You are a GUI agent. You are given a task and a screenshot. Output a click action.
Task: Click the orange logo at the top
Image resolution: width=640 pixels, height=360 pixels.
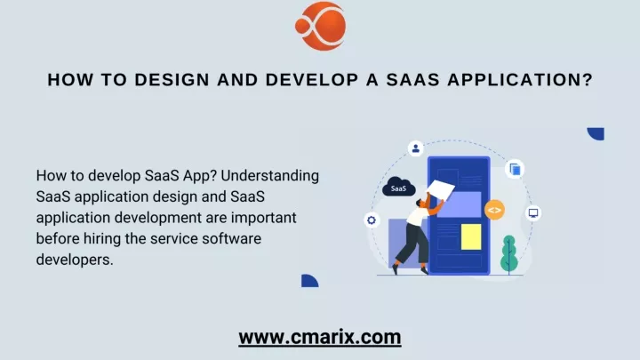pyautogui.click(x=320, y=26)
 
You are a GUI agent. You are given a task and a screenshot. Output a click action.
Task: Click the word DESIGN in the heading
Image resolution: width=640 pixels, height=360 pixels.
pyautogui.click(x=172, y=80)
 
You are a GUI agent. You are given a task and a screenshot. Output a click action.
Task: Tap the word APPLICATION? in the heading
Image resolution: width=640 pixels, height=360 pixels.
pyautogui.click(x=520, y=80)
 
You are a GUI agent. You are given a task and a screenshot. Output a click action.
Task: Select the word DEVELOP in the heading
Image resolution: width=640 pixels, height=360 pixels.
pyautogui.click(x=312, y=80)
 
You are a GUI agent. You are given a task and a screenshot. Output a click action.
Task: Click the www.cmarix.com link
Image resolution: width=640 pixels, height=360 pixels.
pyautogui.click(x=320, y=337)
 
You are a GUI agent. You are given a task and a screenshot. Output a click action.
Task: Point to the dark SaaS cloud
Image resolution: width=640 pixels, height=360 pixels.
pyautogui.click(x=399, y=188)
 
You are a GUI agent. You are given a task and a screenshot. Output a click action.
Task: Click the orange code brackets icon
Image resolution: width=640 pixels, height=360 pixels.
pyautogui.click(x=494, y=210)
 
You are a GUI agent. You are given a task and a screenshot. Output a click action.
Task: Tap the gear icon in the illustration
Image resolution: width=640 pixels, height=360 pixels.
pyautogui.click(x=372, y=220)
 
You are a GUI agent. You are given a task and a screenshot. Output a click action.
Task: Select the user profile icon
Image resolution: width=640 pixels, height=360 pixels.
pyautogui.click(x=415, y=148)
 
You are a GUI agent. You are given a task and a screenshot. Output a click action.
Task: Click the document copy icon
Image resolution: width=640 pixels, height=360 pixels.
pyautogui.click(x=515, y=169)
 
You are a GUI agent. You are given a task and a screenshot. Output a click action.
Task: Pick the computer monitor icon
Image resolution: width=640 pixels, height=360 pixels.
pyautogui.click(x=533, y=213)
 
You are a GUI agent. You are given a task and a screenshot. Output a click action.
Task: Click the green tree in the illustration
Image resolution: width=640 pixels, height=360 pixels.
pyautogui.click(x=509, y=254)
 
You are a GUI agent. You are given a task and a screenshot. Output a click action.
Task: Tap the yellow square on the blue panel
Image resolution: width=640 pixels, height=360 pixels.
pyautogui.click(x=471, y=236)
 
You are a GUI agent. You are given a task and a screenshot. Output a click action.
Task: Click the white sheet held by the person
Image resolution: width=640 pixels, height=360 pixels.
pyautogui.click(x=441, y=190)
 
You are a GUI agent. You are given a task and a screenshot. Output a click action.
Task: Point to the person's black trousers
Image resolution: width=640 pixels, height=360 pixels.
pyautogui.click(x=412, y=247)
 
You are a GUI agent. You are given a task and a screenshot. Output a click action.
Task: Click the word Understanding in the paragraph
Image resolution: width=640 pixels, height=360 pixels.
pyautogui.click(x=270, y=176)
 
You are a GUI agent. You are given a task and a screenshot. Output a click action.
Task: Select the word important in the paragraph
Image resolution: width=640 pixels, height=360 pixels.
pyautogui.click(x=264, y=218)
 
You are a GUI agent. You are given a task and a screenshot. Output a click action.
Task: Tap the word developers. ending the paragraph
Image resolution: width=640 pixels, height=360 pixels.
pyautogui.click(x=75, y=260)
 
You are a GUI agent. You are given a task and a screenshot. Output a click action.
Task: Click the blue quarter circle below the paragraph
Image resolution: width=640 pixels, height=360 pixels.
pyautogui.click(x=310, y=281)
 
